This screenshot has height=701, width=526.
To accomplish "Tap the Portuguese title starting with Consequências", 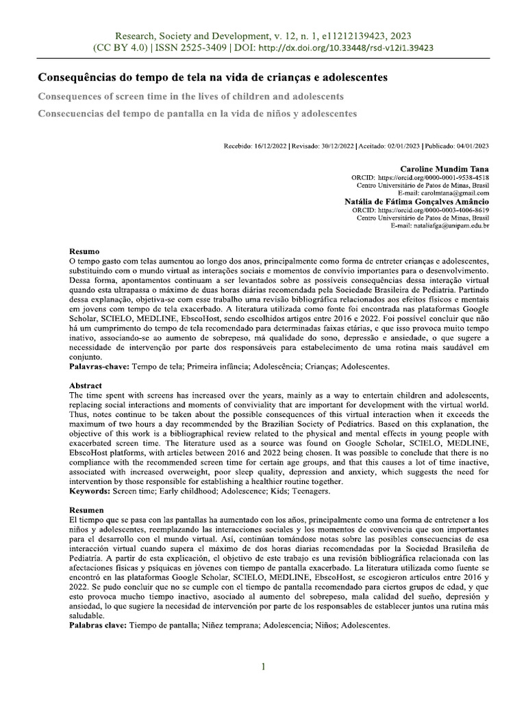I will (212, 78).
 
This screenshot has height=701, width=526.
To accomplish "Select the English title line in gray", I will (190, 96).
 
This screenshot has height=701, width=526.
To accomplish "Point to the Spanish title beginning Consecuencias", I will (197, 112).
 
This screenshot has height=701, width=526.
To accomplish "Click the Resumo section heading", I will (85, 252).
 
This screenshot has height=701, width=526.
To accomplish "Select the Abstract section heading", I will (86, 386).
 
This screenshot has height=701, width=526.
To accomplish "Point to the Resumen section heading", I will (87, 511).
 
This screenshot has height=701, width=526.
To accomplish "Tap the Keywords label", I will (91, 492).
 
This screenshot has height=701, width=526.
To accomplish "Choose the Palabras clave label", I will (99, 626).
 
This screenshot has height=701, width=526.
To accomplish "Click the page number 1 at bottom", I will (263, 667).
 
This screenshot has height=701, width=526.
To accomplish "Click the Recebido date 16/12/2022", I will (271, 146).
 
